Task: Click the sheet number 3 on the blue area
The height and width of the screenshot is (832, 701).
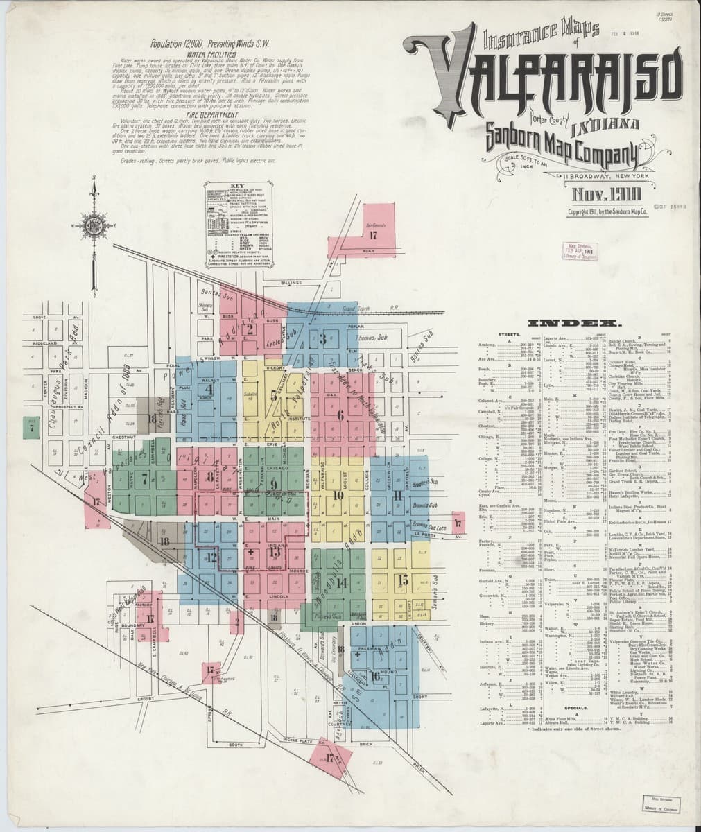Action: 323,339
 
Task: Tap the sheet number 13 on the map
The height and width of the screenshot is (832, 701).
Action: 275,552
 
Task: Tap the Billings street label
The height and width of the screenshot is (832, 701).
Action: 291,283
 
